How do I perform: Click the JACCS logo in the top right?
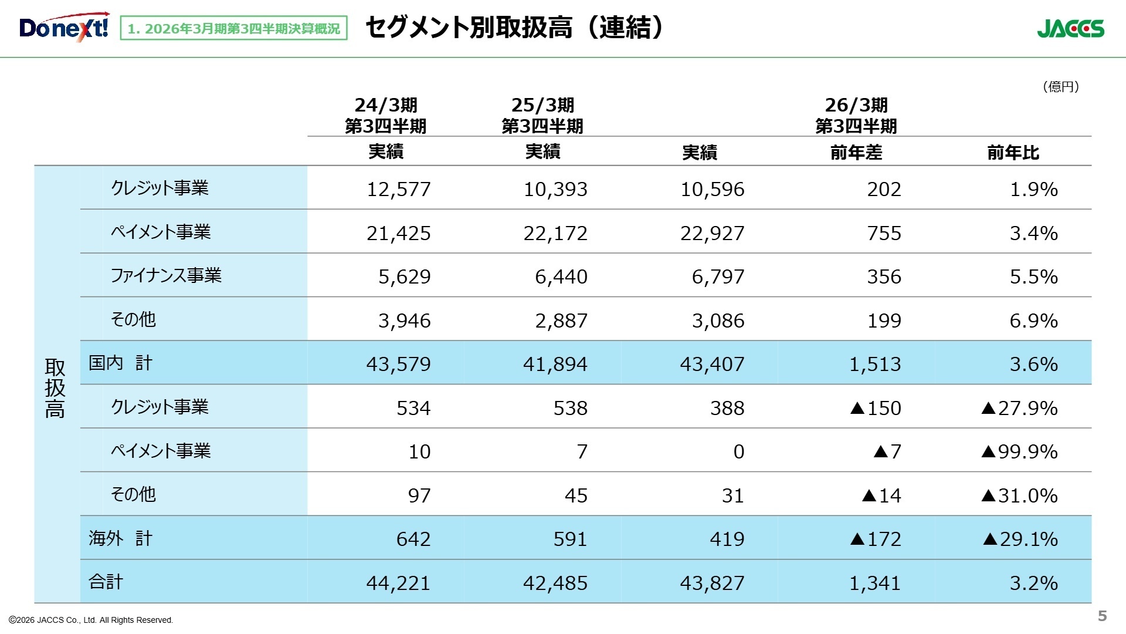point(1070,28)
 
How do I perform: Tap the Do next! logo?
point(64,27)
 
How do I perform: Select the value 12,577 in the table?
point(398,189)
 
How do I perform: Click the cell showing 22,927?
point(712,233)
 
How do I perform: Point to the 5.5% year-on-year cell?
point(1033,276)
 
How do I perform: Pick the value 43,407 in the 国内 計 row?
point(712,364)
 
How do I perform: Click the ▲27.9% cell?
point(1019,408)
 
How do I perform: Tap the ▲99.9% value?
point(1019,451)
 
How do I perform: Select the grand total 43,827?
point(712,583)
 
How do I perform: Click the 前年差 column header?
point(856,153)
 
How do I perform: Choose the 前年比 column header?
point(1013,153)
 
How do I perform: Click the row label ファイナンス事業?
point(166,275)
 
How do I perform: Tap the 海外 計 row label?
point(120,538)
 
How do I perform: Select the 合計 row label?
point(106,582)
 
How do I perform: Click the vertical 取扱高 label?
point(55,388)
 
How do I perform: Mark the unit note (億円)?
point(1061,87)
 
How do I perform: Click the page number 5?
point(1102,616)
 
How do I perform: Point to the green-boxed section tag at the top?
point(233,28)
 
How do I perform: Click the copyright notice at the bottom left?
point(91,620)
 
